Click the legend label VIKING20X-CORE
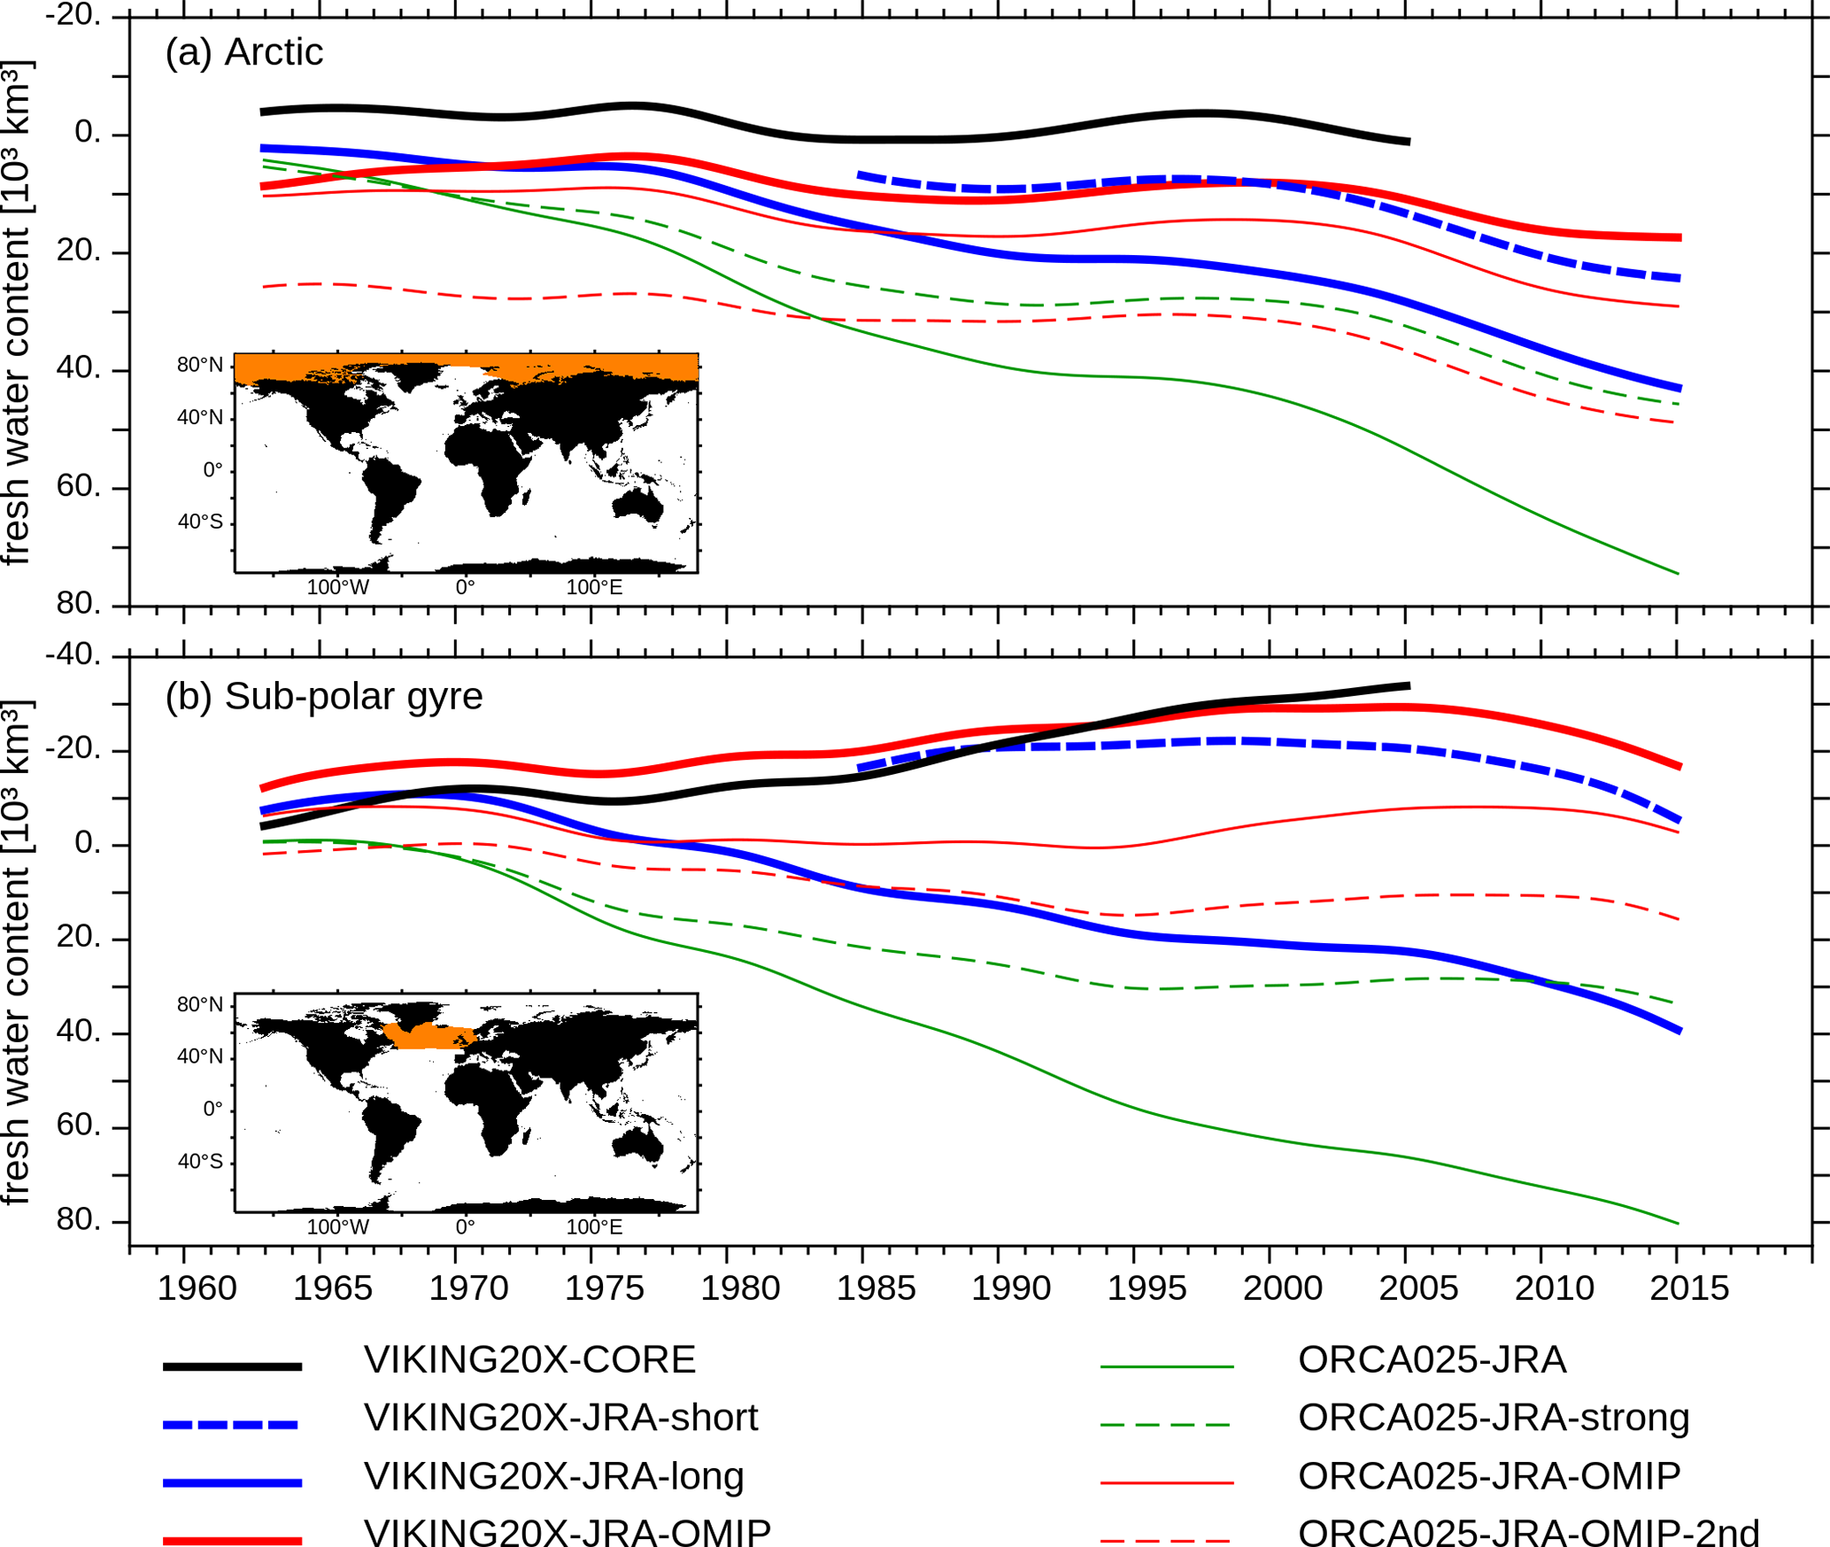(529, 1360)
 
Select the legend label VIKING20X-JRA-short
(560, 1418)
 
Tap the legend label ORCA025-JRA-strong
(1494, 1418)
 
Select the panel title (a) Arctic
(243, 52)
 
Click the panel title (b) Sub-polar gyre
(323, 697)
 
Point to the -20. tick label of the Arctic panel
(73, 15)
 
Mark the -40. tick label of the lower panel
(73, 654)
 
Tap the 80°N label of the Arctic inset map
(199, 365)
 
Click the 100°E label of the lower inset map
(594, 1227)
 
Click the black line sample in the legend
(232, 1366)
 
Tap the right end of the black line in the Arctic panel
(1408, 142)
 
